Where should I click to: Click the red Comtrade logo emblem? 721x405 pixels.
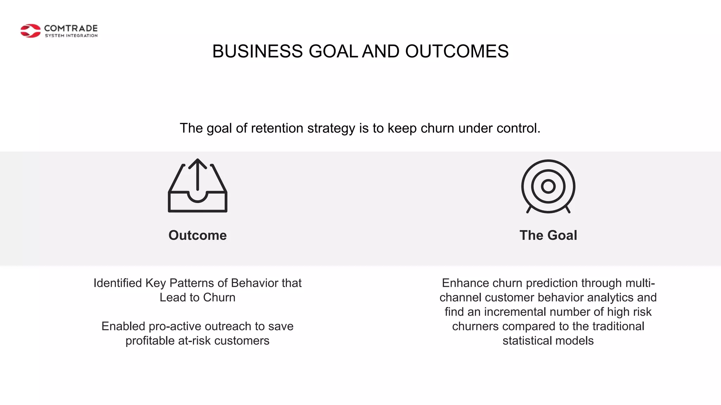click(x=30, y=31)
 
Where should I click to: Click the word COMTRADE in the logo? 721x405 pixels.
click(x=71, y=28)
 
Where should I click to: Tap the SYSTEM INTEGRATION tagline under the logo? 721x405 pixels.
click(x=71, y=36)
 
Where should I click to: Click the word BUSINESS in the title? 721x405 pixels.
click(x=257, y=51)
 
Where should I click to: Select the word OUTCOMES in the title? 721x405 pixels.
click(x=457, y=51)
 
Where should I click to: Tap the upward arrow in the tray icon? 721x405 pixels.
click(x=198, y=174)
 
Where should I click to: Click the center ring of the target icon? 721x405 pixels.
click(x=548, y=186)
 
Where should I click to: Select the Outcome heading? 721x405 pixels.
click(x=198, y=235)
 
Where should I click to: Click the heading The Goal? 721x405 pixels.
click(x=548, y=235)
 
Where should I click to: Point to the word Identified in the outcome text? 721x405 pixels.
click(x=118, y=283)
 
